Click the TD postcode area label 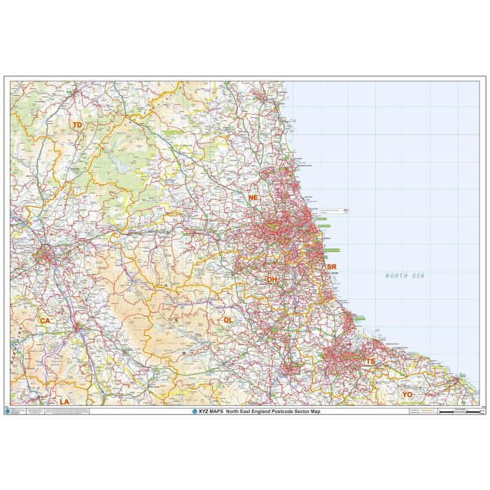tap(78, 125)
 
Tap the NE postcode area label tap(253, 198)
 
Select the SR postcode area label tap(332, 267)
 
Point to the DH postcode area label tap(272, 279)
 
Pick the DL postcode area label tap(228, 320)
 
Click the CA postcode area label tap(45, 321)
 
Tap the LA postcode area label tap(64, 401)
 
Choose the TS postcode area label tap(370, 361)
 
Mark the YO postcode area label tap(407, 395)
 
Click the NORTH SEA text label tap(405, 276)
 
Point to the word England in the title tap(258, 412)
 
